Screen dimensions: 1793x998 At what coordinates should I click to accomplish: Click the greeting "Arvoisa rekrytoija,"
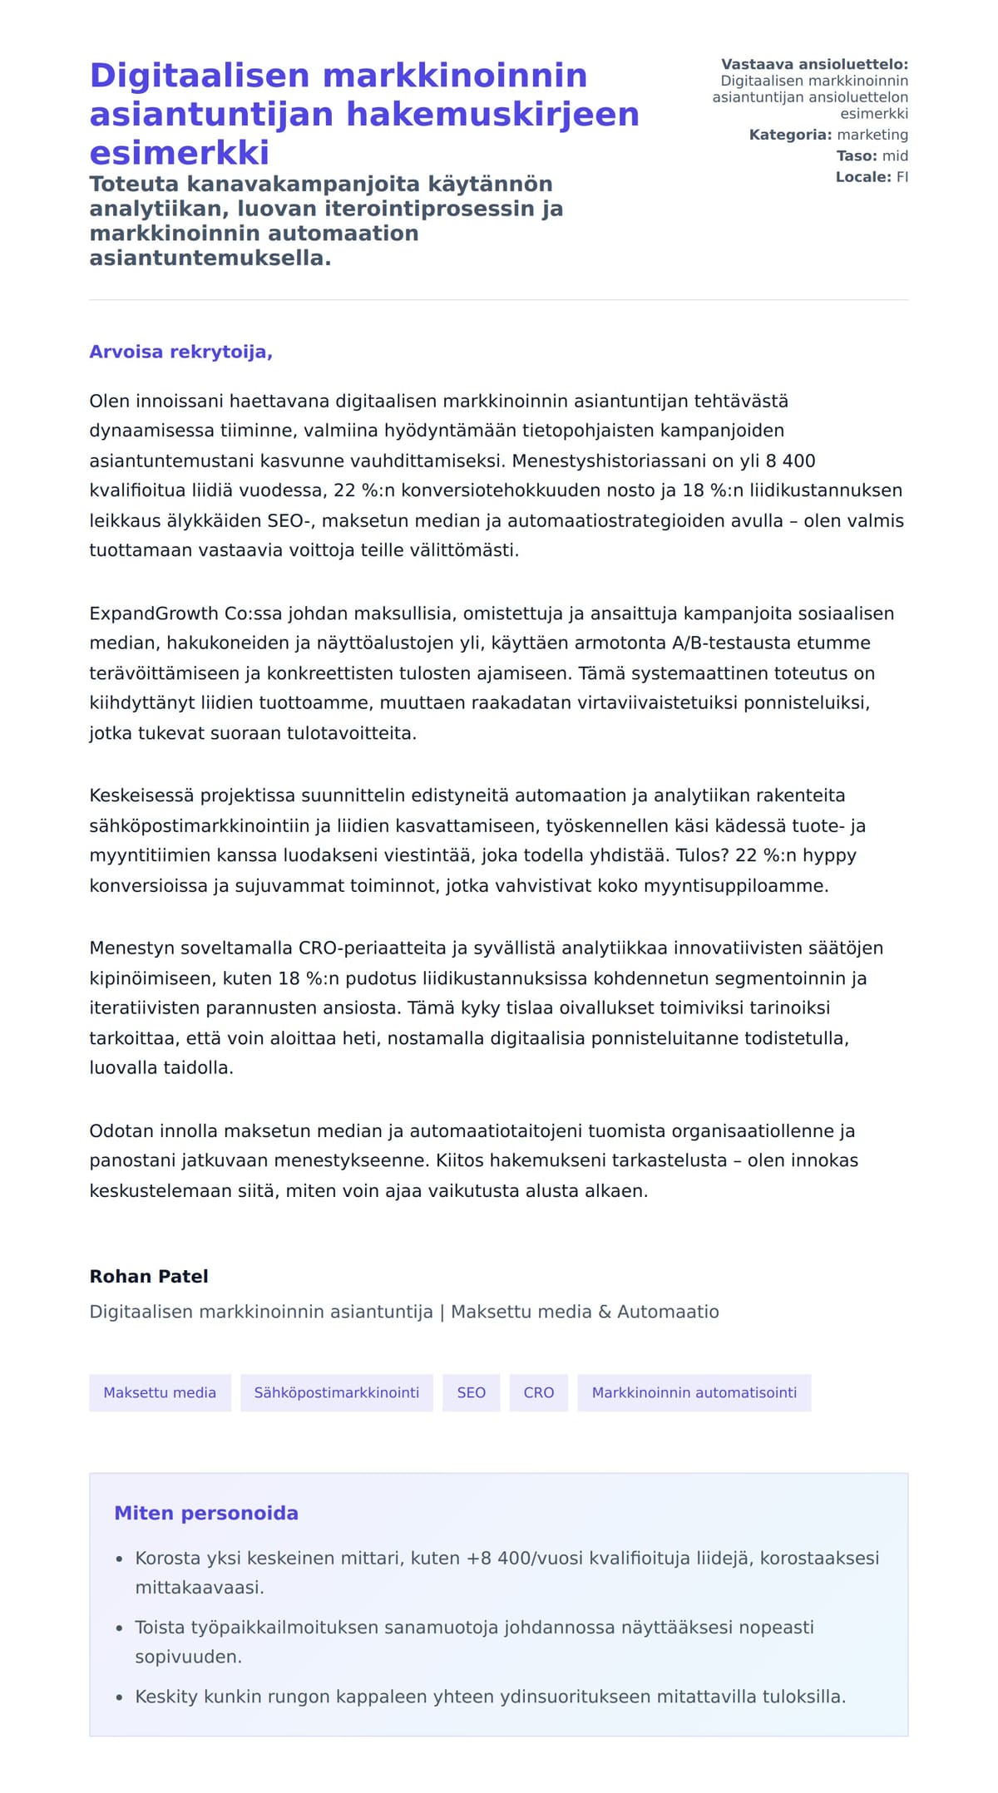point(180,352)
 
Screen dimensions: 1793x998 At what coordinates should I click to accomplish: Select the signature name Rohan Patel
point(149,1276)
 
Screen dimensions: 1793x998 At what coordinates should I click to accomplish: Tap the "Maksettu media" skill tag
point(160,1392)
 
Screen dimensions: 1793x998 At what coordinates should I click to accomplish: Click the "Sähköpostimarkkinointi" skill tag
point(337,1392)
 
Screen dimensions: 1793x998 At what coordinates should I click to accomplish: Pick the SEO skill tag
point(471,1392)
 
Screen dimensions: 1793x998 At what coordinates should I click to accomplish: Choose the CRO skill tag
point(538,1392)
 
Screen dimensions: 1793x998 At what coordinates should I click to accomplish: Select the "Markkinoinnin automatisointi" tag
point(694,1392)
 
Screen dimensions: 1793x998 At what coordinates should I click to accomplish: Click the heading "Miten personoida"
point(206,1513)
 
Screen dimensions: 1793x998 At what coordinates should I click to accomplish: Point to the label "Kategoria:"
point(790,135)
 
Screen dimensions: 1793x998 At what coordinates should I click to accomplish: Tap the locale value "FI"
point(902,176)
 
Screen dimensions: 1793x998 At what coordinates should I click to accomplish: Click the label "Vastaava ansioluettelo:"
point(814,64)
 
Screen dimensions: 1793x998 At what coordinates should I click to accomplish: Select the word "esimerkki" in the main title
point(180,153)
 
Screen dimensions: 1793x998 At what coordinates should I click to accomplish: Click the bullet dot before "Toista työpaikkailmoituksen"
point(120,1628)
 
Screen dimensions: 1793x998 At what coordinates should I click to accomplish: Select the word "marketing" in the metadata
point(872,135)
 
